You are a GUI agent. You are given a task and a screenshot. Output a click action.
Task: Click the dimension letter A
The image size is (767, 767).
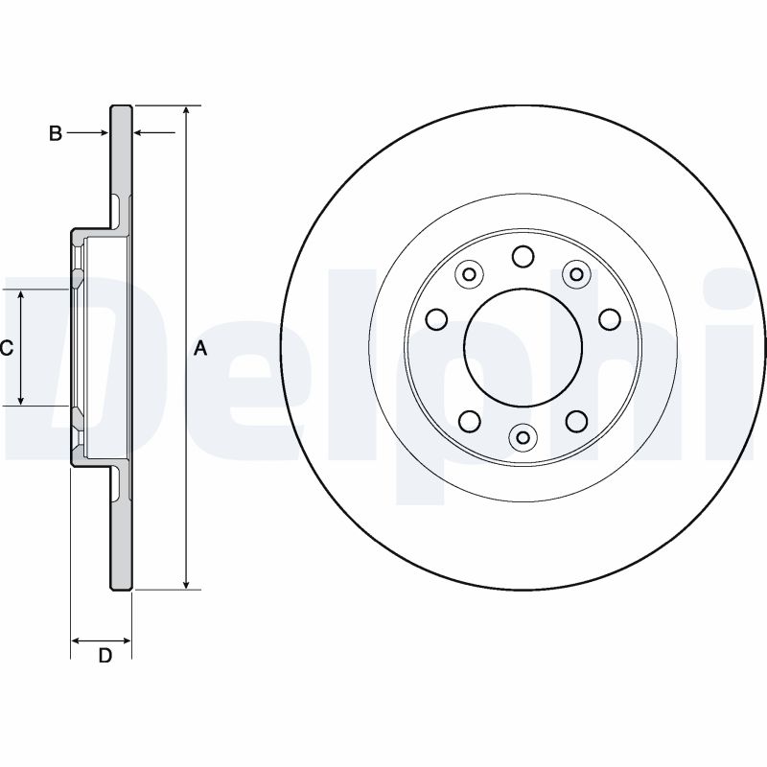coord(200,348)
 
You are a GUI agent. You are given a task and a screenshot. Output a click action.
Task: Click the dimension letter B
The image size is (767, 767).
coord(56,134)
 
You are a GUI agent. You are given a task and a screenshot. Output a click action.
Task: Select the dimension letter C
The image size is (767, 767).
coord(6,348)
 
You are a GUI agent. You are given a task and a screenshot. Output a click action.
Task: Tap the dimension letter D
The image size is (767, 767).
coord(105,656)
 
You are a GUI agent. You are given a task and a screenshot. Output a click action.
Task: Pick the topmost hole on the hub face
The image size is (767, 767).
coord(523,256)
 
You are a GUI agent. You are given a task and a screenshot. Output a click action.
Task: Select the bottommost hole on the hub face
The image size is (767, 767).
coord(523,438)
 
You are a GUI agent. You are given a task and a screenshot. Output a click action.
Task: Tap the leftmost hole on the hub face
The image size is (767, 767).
coord(436,318)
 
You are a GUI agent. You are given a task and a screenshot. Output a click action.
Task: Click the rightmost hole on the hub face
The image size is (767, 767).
coord(609,318)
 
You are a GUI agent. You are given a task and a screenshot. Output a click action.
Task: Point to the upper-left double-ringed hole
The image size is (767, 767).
coord(469,275)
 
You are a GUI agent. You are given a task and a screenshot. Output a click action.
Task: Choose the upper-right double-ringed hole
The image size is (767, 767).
coord(576,275)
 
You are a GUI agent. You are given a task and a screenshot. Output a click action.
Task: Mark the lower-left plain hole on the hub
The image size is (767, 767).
coord(469,420)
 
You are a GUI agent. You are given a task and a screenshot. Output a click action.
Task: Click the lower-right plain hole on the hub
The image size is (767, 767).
coord(576,420)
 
